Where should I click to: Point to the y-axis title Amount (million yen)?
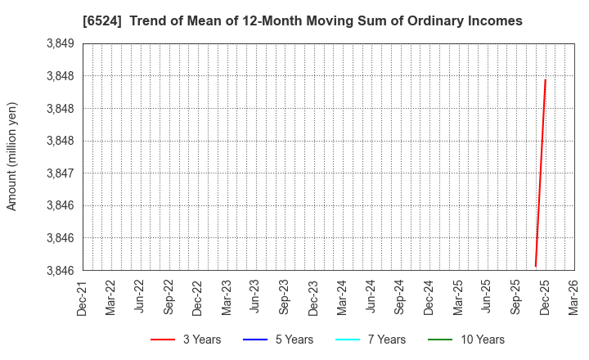[12, 156]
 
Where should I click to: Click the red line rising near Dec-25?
[541, 172]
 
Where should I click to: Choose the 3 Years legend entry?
[185, 340]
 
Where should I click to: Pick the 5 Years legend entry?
[277, 340]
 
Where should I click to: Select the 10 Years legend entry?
[465, 340]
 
